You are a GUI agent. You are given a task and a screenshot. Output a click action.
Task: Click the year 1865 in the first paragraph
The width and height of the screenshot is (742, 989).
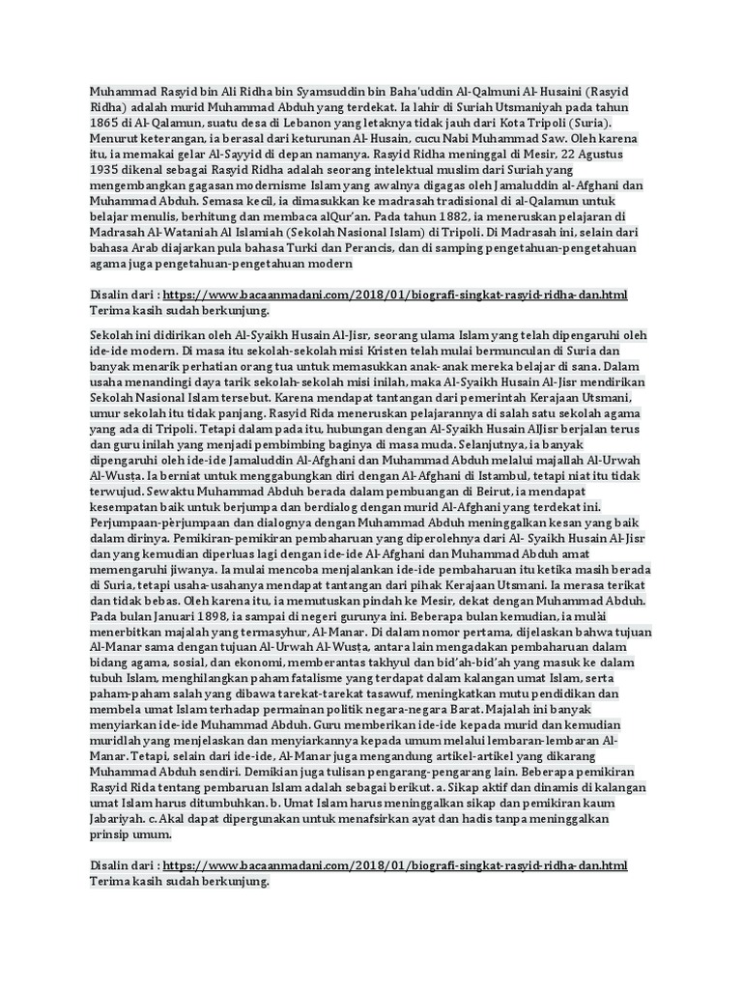(104, 125)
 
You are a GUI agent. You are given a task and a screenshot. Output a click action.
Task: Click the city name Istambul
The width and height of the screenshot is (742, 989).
(468, 475)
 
